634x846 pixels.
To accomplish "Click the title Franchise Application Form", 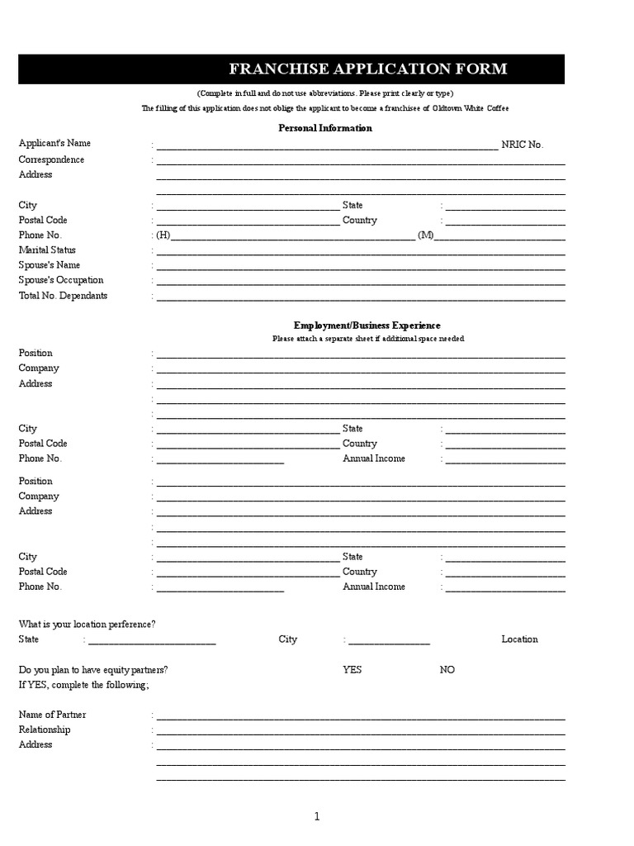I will [x=367, y=69].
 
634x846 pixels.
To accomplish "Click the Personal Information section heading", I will [x=325, y=128].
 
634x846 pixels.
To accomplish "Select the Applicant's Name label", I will [x=54, y=144].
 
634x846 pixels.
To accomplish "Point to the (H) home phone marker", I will [x=163, y=235].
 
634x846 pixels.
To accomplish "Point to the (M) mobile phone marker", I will [x=425, y=235].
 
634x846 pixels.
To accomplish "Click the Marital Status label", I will [x=47, y=250].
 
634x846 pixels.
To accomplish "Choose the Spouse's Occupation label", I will [x=61, y=281].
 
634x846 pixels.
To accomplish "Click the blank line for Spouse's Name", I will [x=360, y=267].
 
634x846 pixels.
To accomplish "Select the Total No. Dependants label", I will [x=63, y=296].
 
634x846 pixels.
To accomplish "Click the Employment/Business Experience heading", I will [x=367, y=326].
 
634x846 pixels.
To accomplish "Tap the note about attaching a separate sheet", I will [x=368, y=339].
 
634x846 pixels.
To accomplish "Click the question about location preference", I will [x=87, y=624].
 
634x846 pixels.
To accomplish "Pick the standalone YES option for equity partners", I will [x=352, y=670].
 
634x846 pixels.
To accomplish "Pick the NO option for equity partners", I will [x=447, y=670].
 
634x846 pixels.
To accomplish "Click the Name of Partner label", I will [x=52, y=715].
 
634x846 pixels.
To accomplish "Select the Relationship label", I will [x=45, y=730].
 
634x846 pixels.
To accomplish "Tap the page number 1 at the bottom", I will [x=316, y=817].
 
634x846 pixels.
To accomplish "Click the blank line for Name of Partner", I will [x=360, y=716].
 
